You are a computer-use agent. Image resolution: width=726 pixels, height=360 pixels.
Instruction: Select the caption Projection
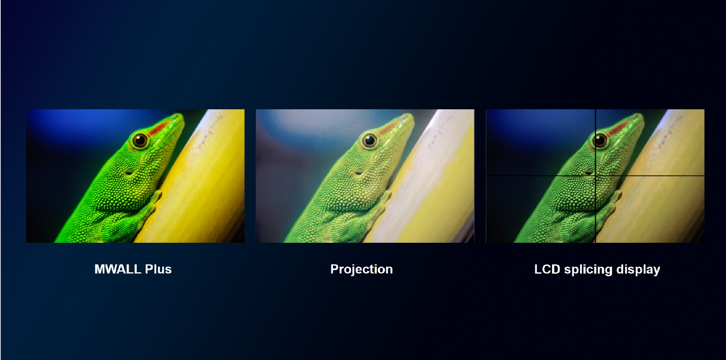click(x=361, y=270)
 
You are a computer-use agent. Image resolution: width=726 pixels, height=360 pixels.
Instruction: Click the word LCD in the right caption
click(x=547, y=269)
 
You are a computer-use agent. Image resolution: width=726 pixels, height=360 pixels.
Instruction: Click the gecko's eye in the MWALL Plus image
click(x=140, y=140)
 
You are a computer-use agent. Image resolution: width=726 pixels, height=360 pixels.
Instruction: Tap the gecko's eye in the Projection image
click(x=370, y=140)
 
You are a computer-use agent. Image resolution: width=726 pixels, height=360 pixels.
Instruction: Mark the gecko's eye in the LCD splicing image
click(x=600, y=140)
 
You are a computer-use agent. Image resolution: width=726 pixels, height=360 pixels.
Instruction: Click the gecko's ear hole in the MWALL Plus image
click(x=129, y=173)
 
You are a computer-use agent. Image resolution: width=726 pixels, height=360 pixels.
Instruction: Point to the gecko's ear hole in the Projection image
click(x=359, y=173)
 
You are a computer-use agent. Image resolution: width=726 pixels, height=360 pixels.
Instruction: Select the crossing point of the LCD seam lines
click(x=596, y=176)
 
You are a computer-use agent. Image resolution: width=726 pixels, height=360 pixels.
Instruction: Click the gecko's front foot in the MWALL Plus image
click(x=155, y=199)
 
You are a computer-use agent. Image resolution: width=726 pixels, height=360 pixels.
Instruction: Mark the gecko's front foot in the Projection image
click(x=385, y=199)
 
